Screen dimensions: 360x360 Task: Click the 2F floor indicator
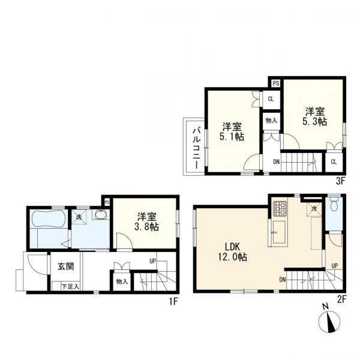(x=342, y=300)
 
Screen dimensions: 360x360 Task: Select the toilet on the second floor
(x=334, y=206)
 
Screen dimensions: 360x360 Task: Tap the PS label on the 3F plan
(x=275, y=83)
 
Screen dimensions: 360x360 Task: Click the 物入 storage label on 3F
(x=272, y=121)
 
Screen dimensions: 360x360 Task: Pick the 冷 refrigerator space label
(x=314, y=208)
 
